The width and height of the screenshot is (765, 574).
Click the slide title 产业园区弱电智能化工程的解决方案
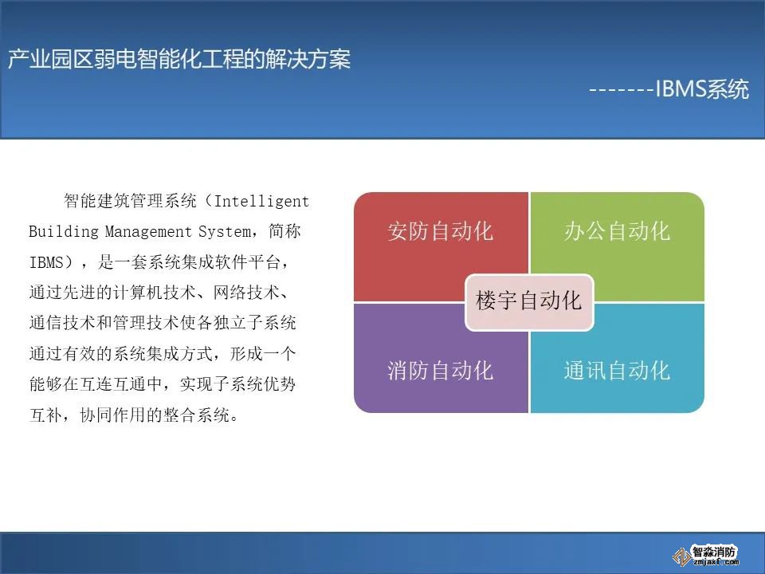coord(179,60)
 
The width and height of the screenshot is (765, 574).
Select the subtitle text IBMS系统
coord(701,88)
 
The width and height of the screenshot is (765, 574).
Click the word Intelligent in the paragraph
coord(261,201)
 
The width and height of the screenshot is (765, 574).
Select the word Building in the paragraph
coord(64,231)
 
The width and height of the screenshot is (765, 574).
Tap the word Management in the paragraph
coord(148,231)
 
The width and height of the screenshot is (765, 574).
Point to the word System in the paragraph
coord(226,231)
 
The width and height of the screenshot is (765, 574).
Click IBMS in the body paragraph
coord(47,262)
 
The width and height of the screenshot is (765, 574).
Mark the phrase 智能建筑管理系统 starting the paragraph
coord(130,201)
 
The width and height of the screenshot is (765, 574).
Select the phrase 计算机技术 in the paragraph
coord(155,293)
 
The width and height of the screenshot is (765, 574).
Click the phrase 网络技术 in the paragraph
coord(246,293)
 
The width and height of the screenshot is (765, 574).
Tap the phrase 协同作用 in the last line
coord(112,415)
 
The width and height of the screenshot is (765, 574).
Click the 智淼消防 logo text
coord(714,552)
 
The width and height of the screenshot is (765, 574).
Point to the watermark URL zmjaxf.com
coord(716,563)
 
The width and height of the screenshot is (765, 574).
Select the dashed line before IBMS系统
coord(621,90)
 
